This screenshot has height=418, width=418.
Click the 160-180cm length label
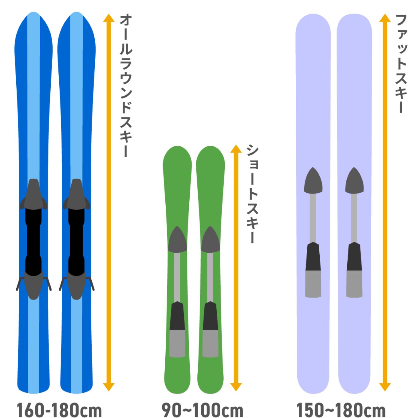(59, 410)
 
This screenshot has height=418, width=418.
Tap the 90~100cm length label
(203, 410)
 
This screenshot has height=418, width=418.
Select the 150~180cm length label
(341, 410)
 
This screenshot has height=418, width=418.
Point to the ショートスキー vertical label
(252, 194)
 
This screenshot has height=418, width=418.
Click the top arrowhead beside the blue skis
(109, 18)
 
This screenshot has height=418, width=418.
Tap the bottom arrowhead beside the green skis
(236, 387)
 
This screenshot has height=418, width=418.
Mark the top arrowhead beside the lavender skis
(385, 18)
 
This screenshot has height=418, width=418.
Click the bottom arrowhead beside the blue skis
(109, 387)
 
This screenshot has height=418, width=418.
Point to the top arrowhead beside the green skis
(236, 149)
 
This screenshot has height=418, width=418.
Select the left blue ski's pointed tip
(33, 15)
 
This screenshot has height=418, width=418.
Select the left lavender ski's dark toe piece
(313, 181)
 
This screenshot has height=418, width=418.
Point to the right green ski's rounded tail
(211, 387)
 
